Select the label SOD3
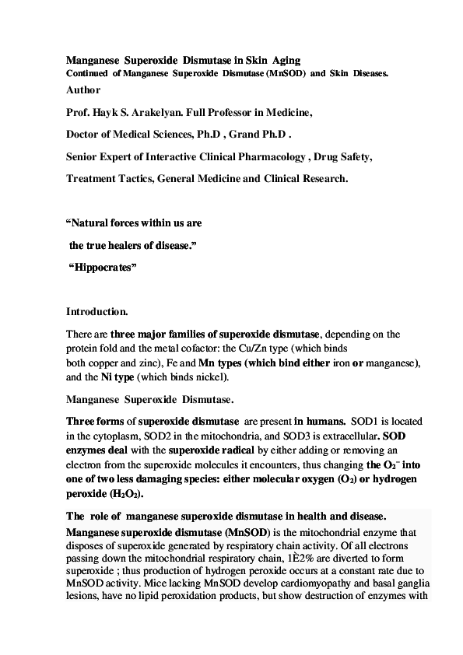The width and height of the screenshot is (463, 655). pos(285,432)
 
